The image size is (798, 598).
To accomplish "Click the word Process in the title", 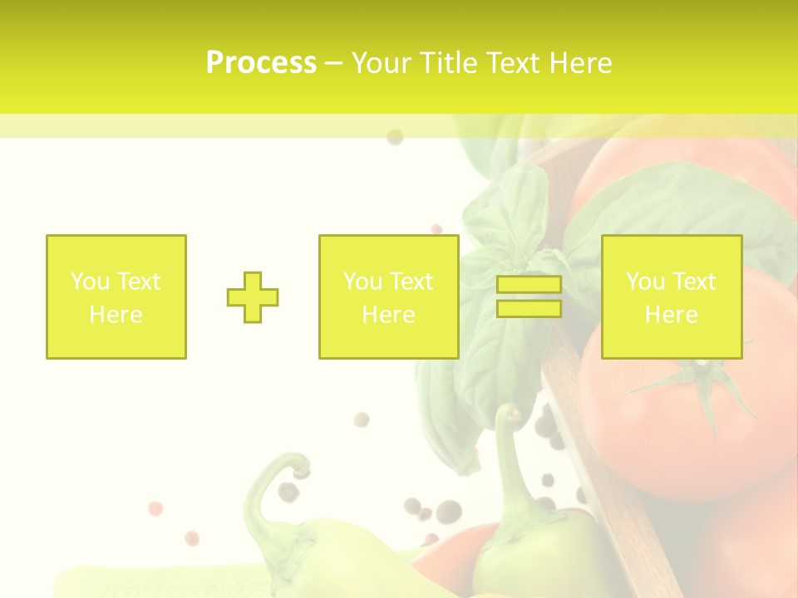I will click(261, 63).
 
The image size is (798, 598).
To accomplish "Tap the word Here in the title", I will click(581, 63).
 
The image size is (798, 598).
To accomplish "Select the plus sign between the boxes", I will click(253, 297).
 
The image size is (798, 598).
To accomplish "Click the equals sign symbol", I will click(529, 297).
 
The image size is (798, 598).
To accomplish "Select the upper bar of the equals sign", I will click(529, 285).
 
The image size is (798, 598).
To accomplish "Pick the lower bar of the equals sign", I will click(529, 309).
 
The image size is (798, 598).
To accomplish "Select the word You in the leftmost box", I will click(90, 282).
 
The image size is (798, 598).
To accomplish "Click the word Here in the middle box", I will click(389, 315).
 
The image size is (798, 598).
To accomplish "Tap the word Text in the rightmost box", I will click(695, 282).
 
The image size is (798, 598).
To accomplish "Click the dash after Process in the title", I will click(333, 63).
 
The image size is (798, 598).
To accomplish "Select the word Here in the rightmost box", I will click(672, 315).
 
